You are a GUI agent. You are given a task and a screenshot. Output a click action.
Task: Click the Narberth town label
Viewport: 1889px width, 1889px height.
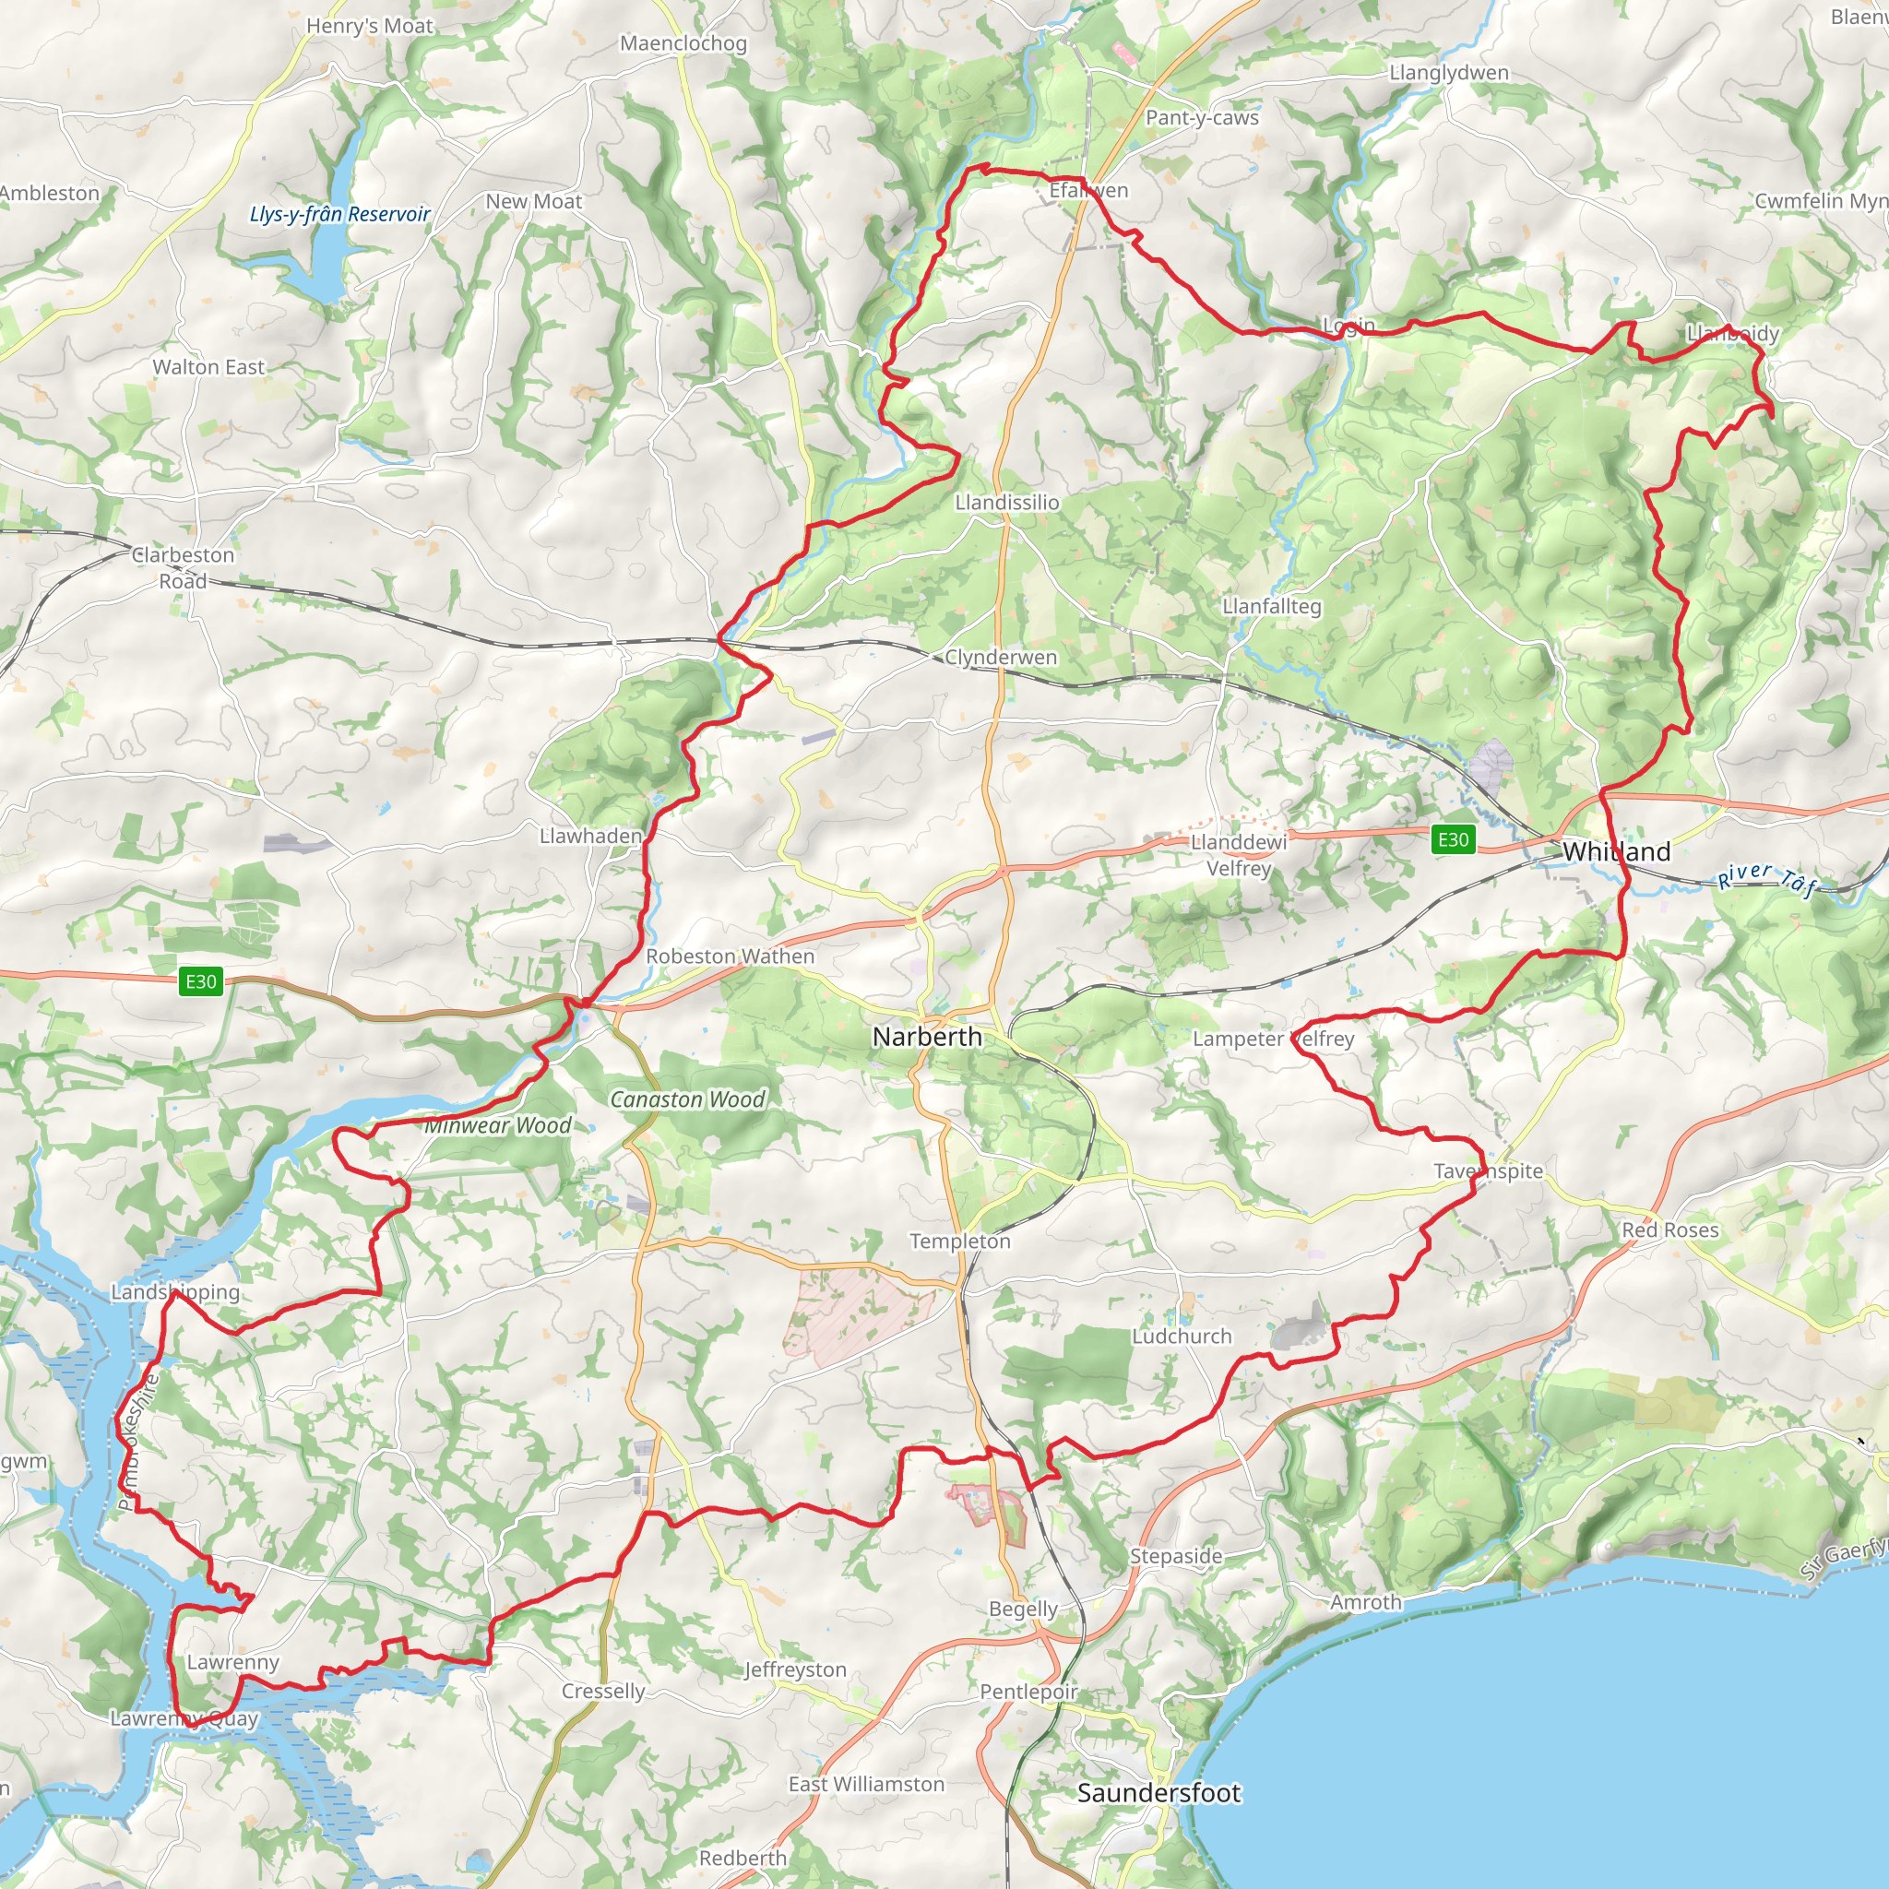pos(927,1037)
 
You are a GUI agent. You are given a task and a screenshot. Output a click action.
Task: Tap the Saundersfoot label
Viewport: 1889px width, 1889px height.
pos(1158,1792)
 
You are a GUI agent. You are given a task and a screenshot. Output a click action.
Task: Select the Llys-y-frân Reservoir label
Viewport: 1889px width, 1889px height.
pos(339,214)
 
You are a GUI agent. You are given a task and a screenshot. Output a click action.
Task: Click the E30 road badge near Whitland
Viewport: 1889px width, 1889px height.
pos(1453,839)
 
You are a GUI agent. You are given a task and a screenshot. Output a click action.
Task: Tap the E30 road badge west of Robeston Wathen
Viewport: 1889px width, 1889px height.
pos(200,980)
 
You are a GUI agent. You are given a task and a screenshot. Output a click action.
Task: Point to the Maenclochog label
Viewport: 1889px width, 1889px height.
pos(683,44)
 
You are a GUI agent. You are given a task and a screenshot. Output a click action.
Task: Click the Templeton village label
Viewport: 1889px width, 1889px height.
pos(960,1241)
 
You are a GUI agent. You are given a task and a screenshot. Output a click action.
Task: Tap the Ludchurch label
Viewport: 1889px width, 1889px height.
pos(1182,1336)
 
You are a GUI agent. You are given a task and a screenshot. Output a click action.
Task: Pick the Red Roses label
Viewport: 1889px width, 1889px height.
pos(1670,1230)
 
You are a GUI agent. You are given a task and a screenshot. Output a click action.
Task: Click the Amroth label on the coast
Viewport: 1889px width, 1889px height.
pos(1366,1601)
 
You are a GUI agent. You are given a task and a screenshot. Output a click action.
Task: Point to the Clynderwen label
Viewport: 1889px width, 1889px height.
pos(1000,657)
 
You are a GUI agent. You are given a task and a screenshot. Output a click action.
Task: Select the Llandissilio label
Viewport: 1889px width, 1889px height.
pos(1007,503)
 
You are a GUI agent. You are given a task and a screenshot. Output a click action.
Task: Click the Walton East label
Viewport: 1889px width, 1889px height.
pos(208,367)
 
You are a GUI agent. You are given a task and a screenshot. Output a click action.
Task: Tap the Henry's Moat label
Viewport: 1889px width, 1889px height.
pos(370,27)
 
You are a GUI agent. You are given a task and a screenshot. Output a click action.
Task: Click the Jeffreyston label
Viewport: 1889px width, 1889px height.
pos(795,1669)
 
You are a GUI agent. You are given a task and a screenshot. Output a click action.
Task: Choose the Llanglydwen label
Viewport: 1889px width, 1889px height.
pos(1449,72)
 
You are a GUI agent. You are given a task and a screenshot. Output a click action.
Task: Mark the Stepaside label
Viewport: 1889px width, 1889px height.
pos(1176,1556)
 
